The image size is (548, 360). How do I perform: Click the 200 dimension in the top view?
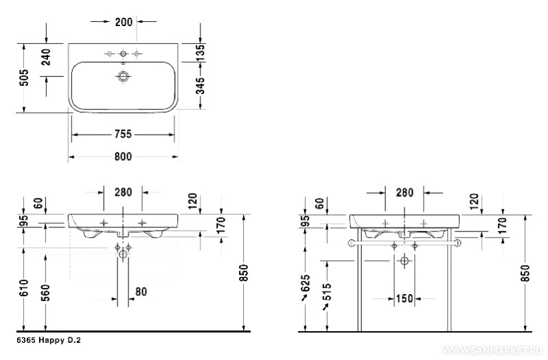pos(124,22)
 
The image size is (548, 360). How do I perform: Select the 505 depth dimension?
pos(24,78)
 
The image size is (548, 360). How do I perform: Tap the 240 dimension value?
pos(46,57)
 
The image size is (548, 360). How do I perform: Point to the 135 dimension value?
pos(200,52)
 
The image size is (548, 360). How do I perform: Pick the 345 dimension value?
pos(201,86)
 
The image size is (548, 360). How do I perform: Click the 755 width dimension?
pos(123,134)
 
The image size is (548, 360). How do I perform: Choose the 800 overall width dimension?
pos(123,157)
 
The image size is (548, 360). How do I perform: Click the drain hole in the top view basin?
pos(123,76)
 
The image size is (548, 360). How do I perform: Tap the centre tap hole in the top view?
pos(123,54)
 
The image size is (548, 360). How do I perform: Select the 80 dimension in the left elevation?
pos(141,291)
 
